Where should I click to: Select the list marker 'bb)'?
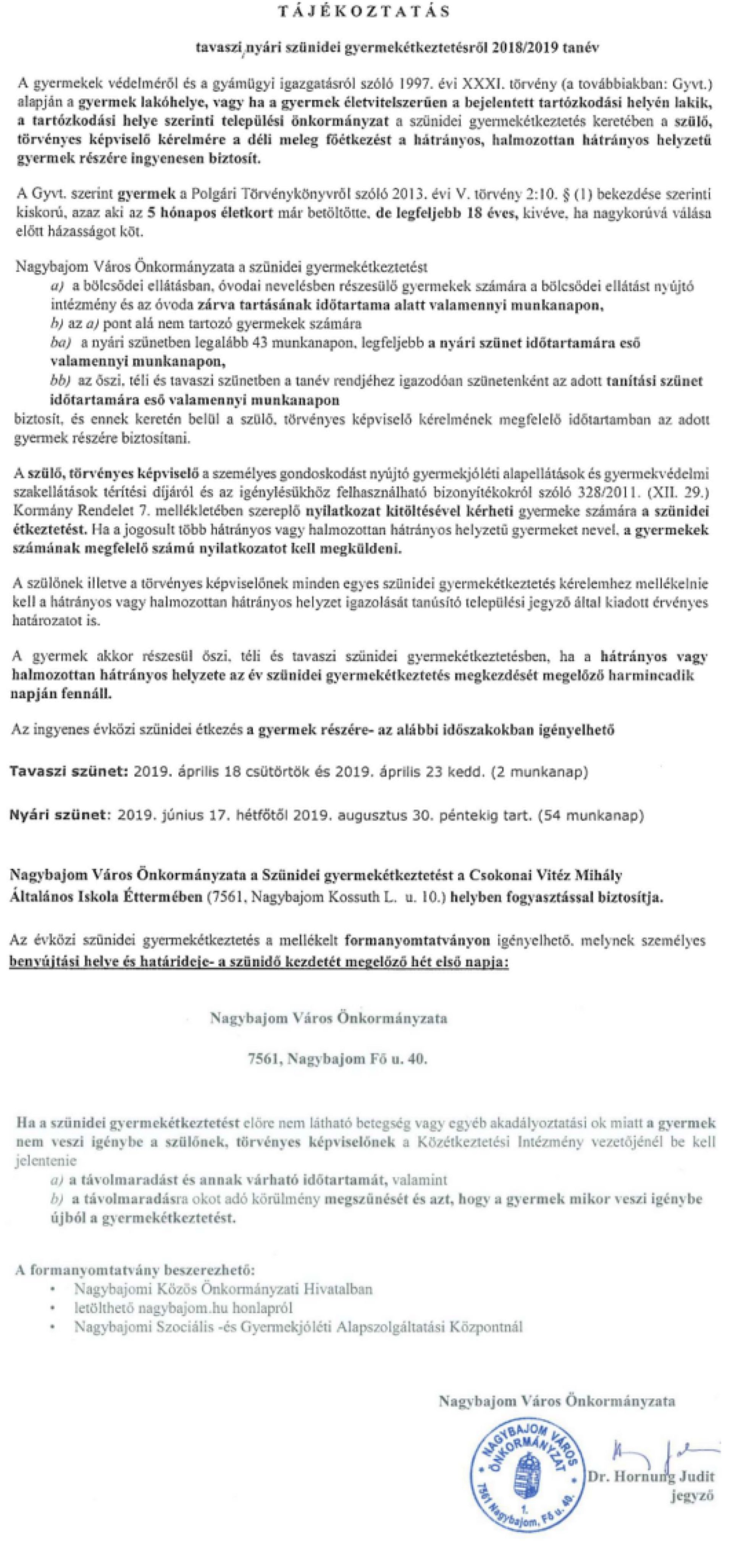tap(60, 381)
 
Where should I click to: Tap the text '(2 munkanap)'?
tap(539, 772)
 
